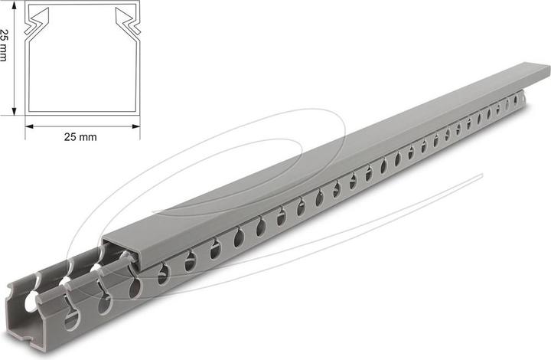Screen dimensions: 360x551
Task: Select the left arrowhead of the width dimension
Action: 29,126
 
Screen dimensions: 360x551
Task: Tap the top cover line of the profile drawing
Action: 83,5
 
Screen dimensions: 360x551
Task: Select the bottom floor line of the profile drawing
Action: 83,113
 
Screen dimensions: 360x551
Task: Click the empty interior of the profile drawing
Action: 83,69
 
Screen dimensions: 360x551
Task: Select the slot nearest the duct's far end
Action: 515,99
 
